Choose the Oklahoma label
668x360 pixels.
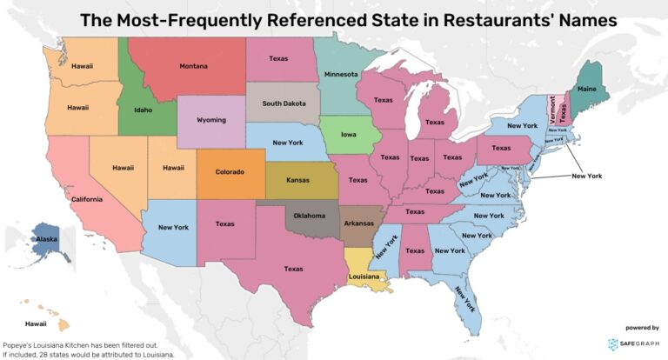(x=309, y=215)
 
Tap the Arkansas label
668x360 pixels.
(x=358, y=223)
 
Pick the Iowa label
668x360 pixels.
(x=347, y=135)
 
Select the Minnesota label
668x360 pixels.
(x=341, y=75)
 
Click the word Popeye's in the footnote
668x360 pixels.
(x=21, y=345)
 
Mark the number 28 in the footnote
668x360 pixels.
(x=52, y=355)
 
